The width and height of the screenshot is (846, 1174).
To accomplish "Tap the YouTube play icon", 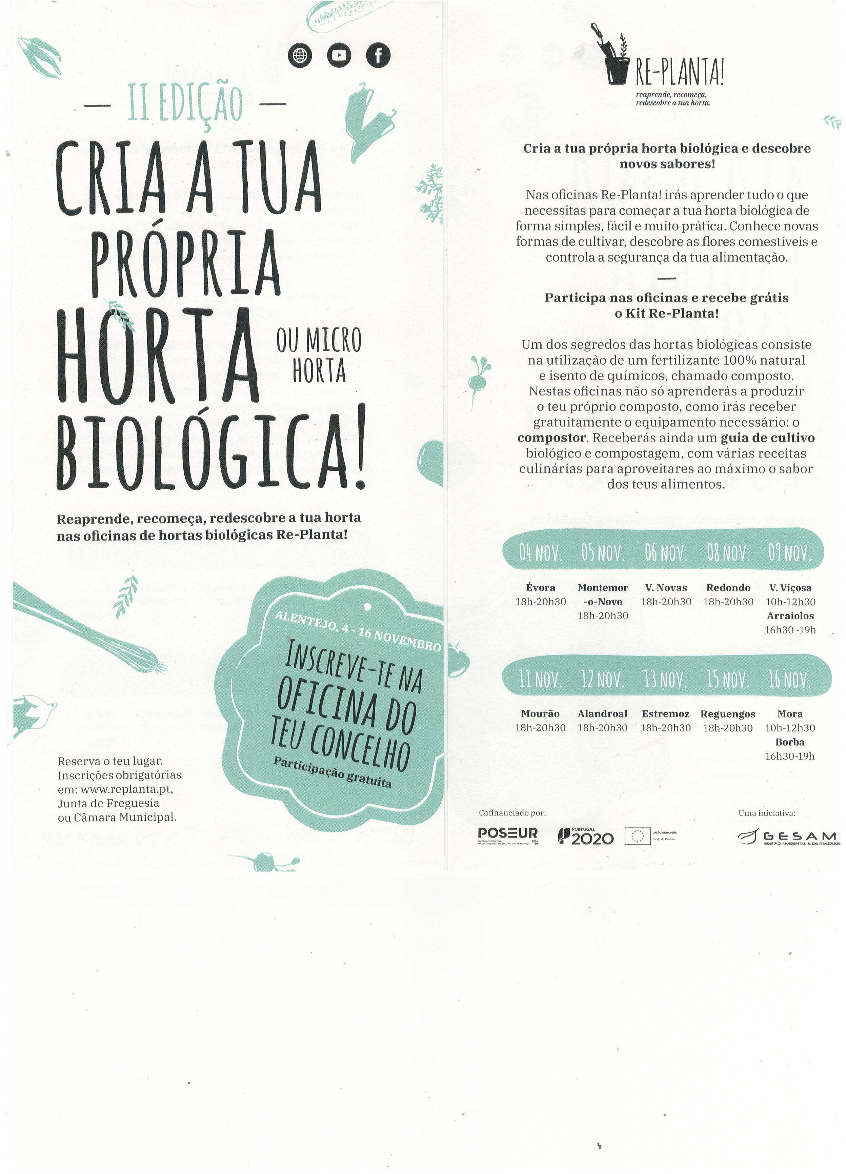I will click(x=339, y=55).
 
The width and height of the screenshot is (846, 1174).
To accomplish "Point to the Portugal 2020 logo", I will click(x=586, y=836).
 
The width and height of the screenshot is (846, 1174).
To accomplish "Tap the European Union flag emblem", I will click(x=637, y=836).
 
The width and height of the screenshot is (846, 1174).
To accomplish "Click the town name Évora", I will click(x=541, y=588).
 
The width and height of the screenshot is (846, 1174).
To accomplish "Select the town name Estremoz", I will click(x=665, y=714).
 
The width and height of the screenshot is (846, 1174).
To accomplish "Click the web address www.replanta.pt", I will click(x=126, y=789).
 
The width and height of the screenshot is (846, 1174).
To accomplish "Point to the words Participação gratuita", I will click(x=333, y=772).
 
